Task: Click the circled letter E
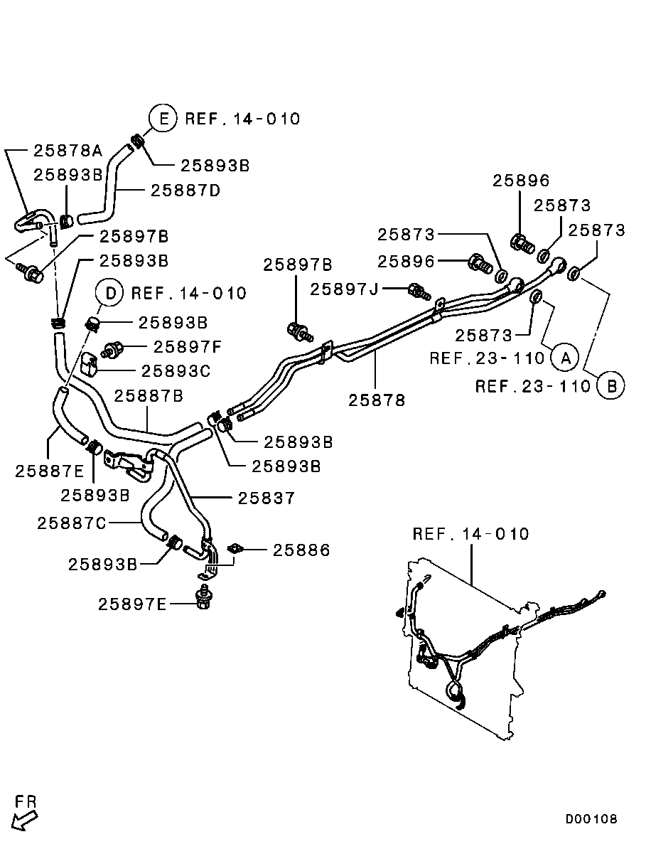pyautogui.click(x=163, y=118)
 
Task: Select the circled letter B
pyautogui.click(x=610, y=386)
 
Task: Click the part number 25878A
pyautogui.click(x=68, y=150)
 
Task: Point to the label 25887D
pyautogui.click(x=185, y=190)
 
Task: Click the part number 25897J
pyautogui.click(x=345, y=289)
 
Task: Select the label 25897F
pyautogui.click(x=188, y=346)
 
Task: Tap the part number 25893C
pyautogui.click(x=176, y=370)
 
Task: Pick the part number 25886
pyautogui.click(x=301, y=550)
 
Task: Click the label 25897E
pyautogui.click(x=132, y=604)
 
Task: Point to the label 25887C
pyautogui.click(x=72, y=523)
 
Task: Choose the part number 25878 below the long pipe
pyautogui.click(x=377, y=400)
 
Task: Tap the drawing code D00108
pyautogui.click(x=591, y=819)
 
